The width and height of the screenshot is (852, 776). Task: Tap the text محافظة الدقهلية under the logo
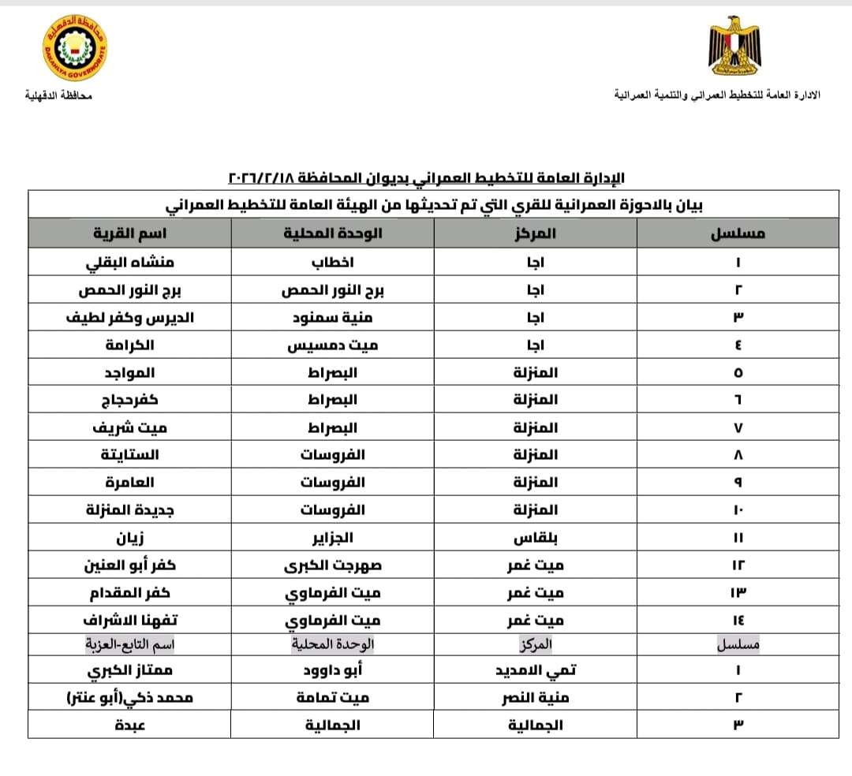[58, 95]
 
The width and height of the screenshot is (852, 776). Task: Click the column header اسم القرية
[129, 234]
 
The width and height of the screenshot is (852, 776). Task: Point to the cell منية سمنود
[332, 318]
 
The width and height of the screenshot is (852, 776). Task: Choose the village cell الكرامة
[129, 345]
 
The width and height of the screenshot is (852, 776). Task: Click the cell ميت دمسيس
[332, 345]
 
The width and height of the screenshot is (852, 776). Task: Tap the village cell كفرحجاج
[129, 401]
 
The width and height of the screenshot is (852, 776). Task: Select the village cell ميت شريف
[129, 428]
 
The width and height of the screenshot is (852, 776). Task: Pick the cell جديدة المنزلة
[129, 510]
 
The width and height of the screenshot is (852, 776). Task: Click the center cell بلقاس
[536, 538]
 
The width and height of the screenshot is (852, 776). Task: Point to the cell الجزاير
[332, 538]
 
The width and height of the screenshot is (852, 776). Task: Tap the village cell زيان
[129, 538]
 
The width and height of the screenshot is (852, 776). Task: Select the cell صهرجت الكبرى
[332, 565]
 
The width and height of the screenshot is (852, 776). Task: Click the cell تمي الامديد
[536, 670]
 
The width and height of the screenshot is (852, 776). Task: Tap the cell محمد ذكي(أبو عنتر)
[129, 698]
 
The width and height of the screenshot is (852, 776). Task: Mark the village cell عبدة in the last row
[129, 725]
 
